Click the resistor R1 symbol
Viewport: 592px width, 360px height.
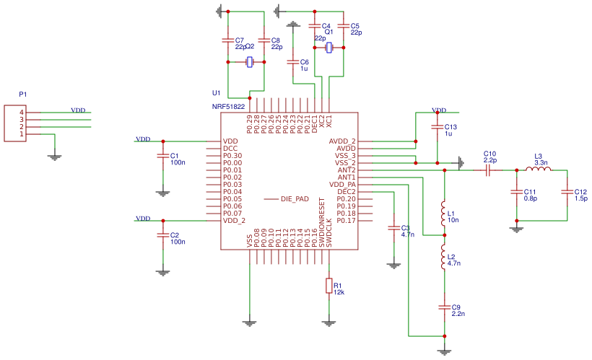pos(329,286)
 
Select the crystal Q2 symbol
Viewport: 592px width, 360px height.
pos(250,62)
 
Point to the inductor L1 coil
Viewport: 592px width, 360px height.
pos(444,214)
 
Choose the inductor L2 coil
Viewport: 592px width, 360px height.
pos(444,257)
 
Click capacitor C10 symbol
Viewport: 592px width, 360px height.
pos(489,170)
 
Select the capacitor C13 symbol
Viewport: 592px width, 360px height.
pos(438,127)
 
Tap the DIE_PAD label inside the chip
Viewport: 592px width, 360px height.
pos(295,198)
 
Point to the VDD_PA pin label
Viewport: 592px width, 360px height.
pos(342,185)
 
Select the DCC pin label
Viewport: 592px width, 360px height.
pos(231,149)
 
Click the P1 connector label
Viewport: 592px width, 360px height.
pos(23,95)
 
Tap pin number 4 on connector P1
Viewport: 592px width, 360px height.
pos(22,113)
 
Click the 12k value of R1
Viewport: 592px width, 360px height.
pos(339,292)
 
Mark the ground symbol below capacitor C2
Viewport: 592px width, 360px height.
pos(163,271)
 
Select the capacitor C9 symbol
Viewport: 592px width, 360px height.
pos(444,307)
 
